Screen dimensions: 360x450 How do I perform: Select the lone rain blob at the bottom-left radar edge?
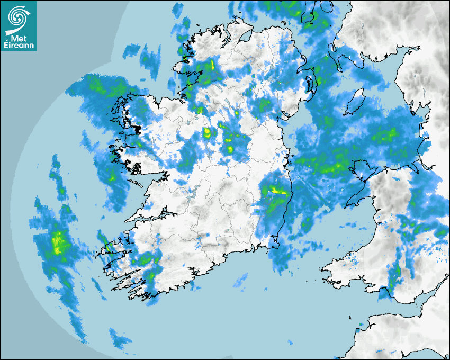(120, 339)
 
